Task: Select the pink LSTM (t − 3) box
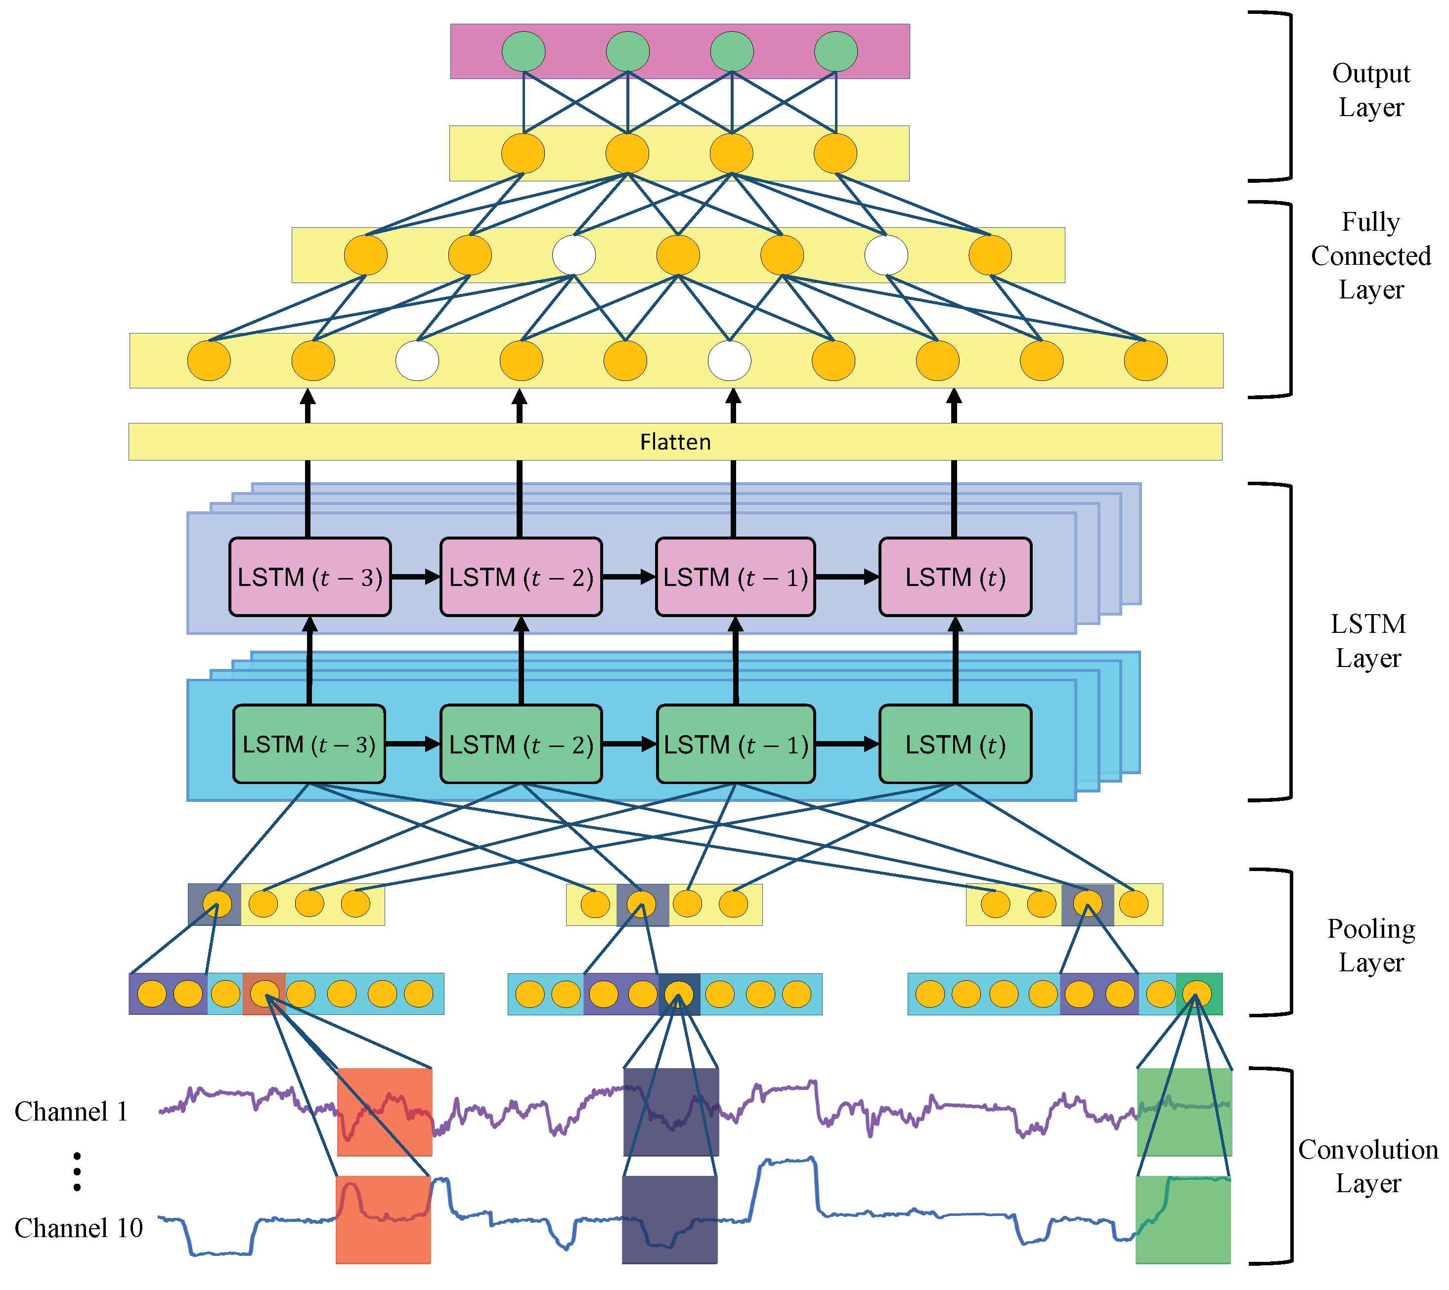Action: [x=310, y=577]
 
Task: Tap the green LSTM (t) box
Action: [x=955, y=744]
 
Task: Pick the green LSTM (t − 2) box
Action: [x=521, y=744]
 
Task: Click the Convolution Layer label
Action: [x=1367, y=1166]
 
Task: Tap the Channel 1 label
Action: [x=71, y=1111]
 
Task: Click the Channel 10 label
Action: [x=78, y=1228]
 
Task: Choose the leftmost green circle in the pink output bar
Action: [x=524, y=51]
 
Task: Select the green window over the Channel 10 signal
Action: [x=1183, y=1219]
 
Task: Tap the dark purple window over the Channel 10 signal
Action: [x=669, y=1219]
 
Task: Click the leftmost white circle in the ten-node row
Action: [x=417, y=361]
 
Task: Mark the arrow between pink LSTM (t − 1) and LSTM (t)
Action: [x=847, y=577]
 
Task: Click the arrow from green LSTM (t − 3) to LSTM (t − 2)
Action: [x=412, y=744]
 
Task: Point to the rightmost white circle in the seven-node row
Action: [x=886, y=255]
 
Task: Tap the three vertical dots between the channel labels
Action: [x=77, y=1171]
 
